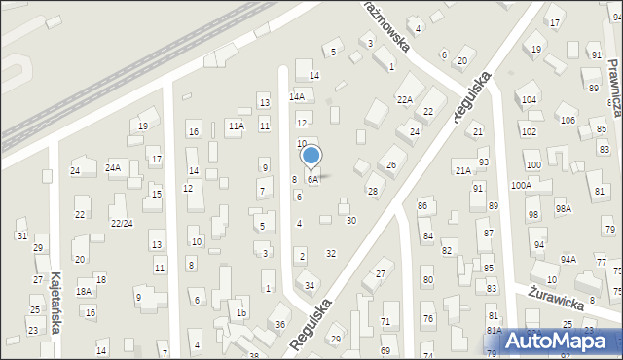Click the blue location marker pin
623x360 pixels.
tap(311, 156)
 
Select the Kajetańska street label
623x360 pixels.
tap(55, 303)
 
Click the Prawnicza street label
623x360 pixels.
tap(613, 73)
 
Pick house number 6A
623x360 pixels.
tap(312, 180)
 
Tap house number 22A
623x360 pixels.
tap(404, 99)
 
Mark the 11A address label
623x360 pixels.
tap(236, 126)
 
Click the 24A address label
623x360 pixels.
tap(113, 168)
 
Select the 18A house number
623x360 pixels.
tap(84, 291)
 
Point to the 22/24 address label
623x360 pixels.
tap(121, 223)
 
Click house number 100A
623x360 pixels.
tap(521, 185)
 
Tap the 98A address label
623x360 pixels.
tap(564, 208)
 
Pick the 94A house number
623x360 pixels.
tap(568, 259)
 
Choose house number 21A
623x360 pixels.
tap(463, 170)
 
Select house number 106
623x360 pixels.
tap(568, 120)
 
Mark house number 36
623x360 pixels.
tap(280, 324)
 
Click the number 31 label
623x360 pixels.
tap(22, 236)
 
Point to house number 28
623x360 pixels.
tap(372, 191)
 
